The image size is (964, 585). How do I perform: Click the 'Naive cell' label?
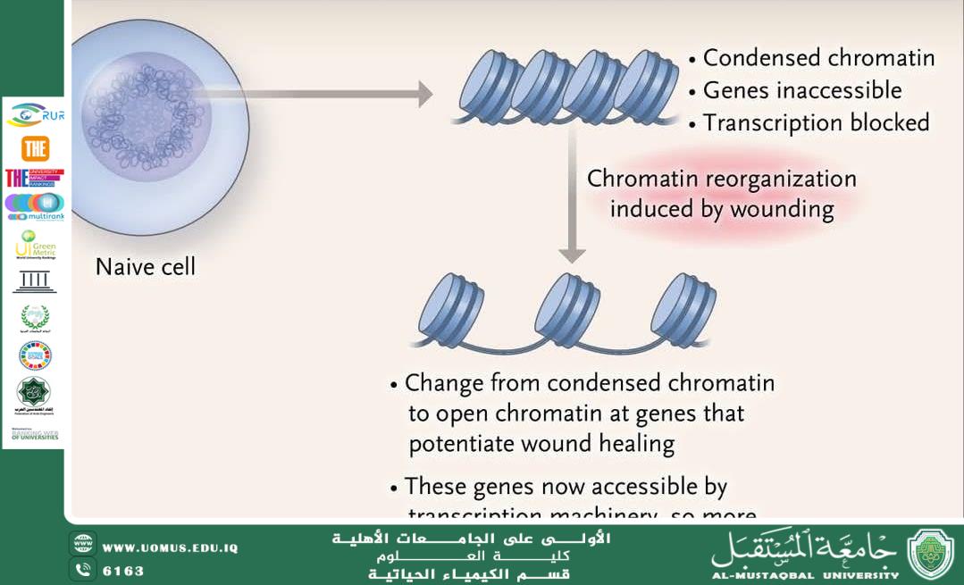tap(145, 267)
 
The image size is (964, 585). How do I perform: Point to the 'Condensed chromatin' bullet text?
tap(818, 59)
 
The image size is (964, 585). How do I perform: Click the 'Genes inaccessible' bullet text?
tap(801, 90)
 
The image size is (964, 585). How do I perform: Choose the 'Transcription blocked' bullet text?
tap(816, 123)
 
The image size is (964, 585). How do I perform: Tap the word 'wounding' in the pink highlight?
tap(781, 210)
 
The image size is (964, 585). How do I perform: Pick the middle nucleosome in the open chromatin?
tap(573, 309)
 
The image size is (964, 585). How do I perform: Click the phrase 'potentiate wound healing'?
tap(541, 444)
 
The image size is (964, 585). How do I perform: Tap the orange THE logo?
tap(35, 147)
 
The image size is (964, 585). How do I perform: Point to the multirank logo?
tap(35, 206)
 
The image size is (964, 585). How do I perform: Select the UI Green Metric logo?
tap(35, 244)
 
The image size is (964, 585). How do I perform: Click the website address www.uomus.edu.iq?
tap(170, 547)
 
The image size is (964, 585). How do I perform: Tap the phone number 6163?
tap(123, 571)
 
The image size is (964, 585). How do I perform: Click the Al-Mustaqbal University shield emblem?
tap(930, 554)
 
